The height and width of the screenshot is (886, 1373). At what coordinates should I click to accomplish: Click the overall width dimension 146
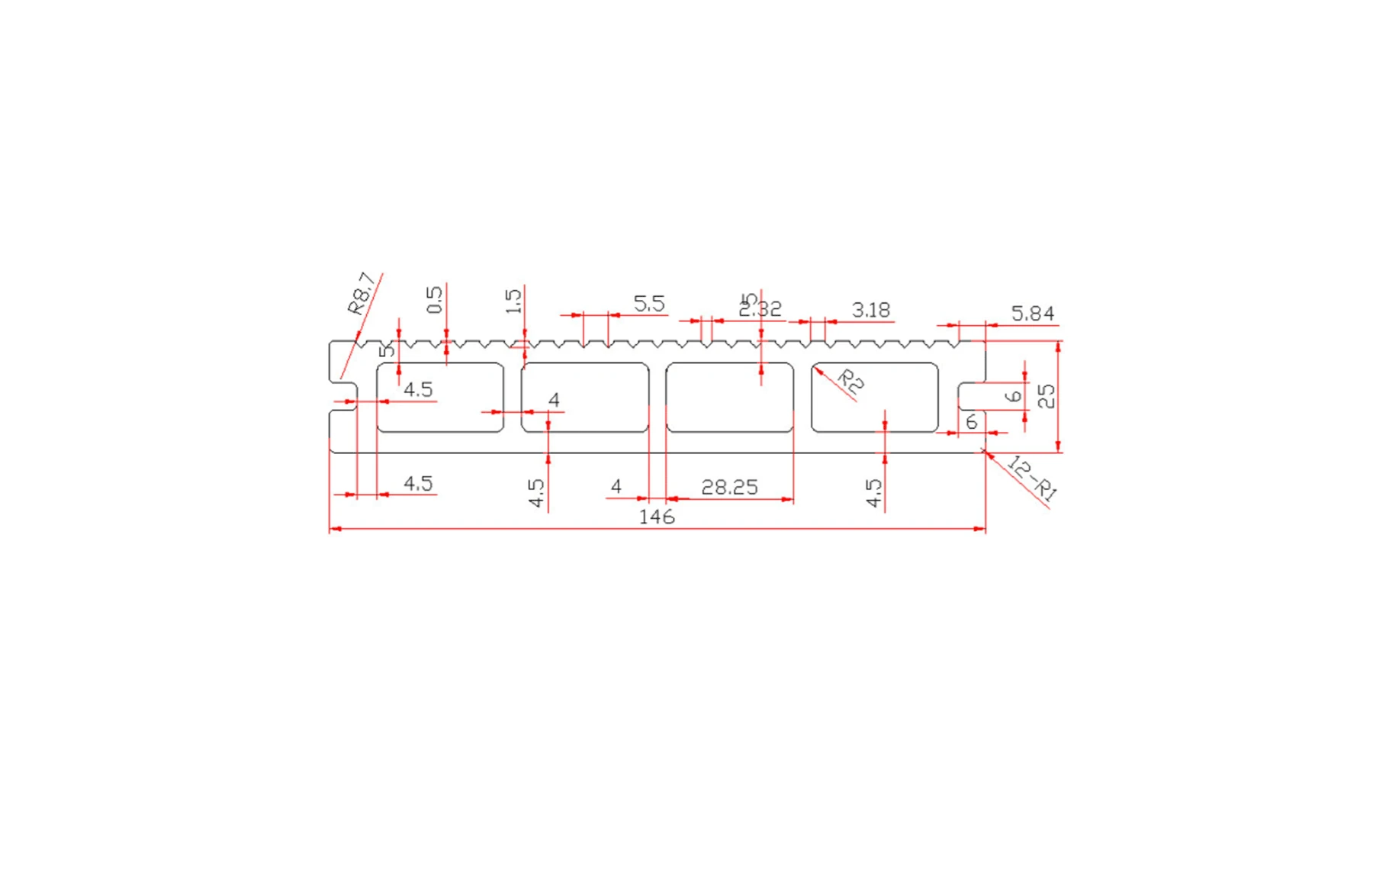click(x=656, y=517)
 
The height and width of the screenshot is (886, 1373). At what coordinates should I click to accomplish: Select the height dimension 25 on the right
click(x=1047, y=396)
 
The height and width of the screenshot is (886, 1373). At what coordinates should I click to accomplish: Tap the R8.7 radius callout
click(x=362, y=294)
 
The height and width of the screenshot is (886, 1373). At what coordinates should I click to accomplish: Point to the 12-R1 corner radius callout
click(x=1032, y=478)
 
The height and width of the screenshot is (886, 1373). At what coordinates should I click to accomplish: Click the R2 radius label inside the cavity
click(x=850, y=381)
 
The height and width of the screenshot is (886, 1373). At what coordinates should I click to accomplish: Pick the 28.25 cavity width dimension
click(x=729, y=488)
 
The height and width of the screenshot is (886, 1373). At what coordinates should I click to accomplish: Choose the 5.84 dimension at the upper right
click(x=1032, y=314)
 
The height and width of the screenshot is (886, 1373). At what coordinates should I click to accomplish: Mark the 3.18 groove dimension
click(x=870, y=311)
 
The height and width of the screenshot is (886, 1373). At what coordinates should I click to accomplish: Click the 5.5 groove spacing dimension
click(x=648, y=304)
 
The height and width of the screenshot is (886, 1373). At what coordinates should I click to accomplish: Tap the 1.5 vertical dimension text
click(x=513, y=301)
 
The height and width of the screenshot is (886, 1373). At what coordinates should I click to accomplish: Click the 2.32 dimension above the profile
click(x=760, y=310)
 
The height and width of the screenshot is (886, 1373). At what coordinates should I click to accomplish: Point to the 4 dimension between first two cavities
click(x=554, y=400)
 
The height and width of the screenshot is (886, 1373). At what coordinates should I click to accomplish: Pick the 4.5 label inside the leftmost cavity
click(x=417, y=390)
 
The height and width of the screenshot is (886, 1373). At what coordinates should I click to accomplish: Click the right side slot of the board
click(x=971, y=396)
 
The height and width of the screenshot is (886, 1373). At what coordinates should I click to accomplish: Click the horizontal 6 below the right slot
click(x=971, y=422)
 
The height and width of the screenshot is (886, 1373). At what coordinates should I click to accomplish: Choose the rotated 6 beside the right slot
click(x=1013, y=396)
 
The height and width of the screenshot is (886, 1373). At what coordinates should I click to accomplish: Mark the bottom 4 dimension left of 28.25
click(x=616, y=487)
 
